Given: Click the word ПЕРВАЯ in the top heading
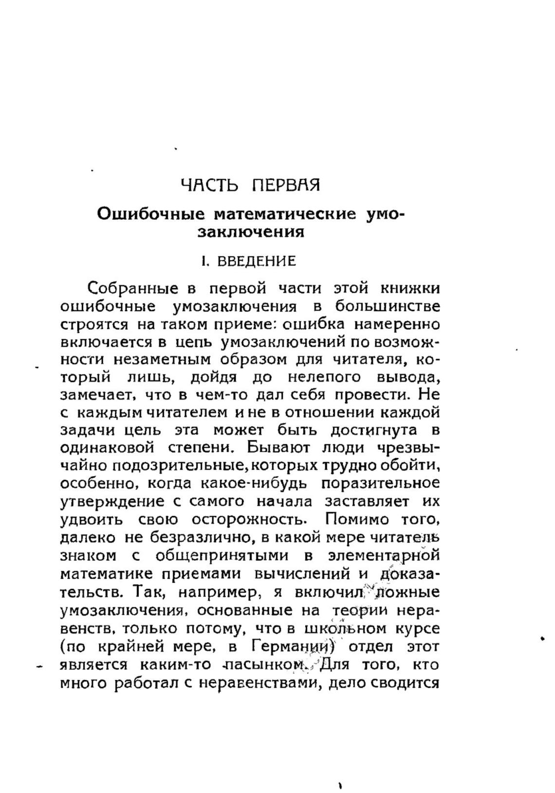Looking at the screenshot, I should (x=286, y=186).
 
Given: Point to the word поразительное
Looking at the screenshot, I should (x=380, y=483).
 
